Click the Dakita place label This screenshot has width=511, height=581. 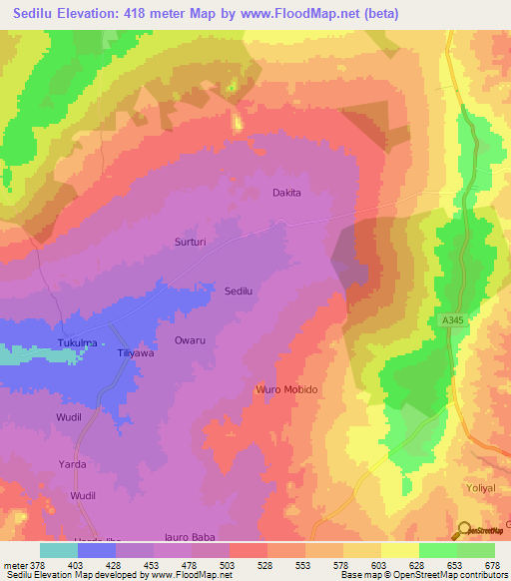pos(286,193)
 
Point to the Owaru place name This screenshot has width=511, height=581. pos(190,340)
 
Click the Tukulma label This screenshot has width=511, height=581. pos(77,342)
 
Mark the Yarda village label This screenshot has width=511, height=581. pos(71,464)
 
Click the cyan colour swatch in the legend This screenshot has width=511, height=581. pos(59,550)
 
